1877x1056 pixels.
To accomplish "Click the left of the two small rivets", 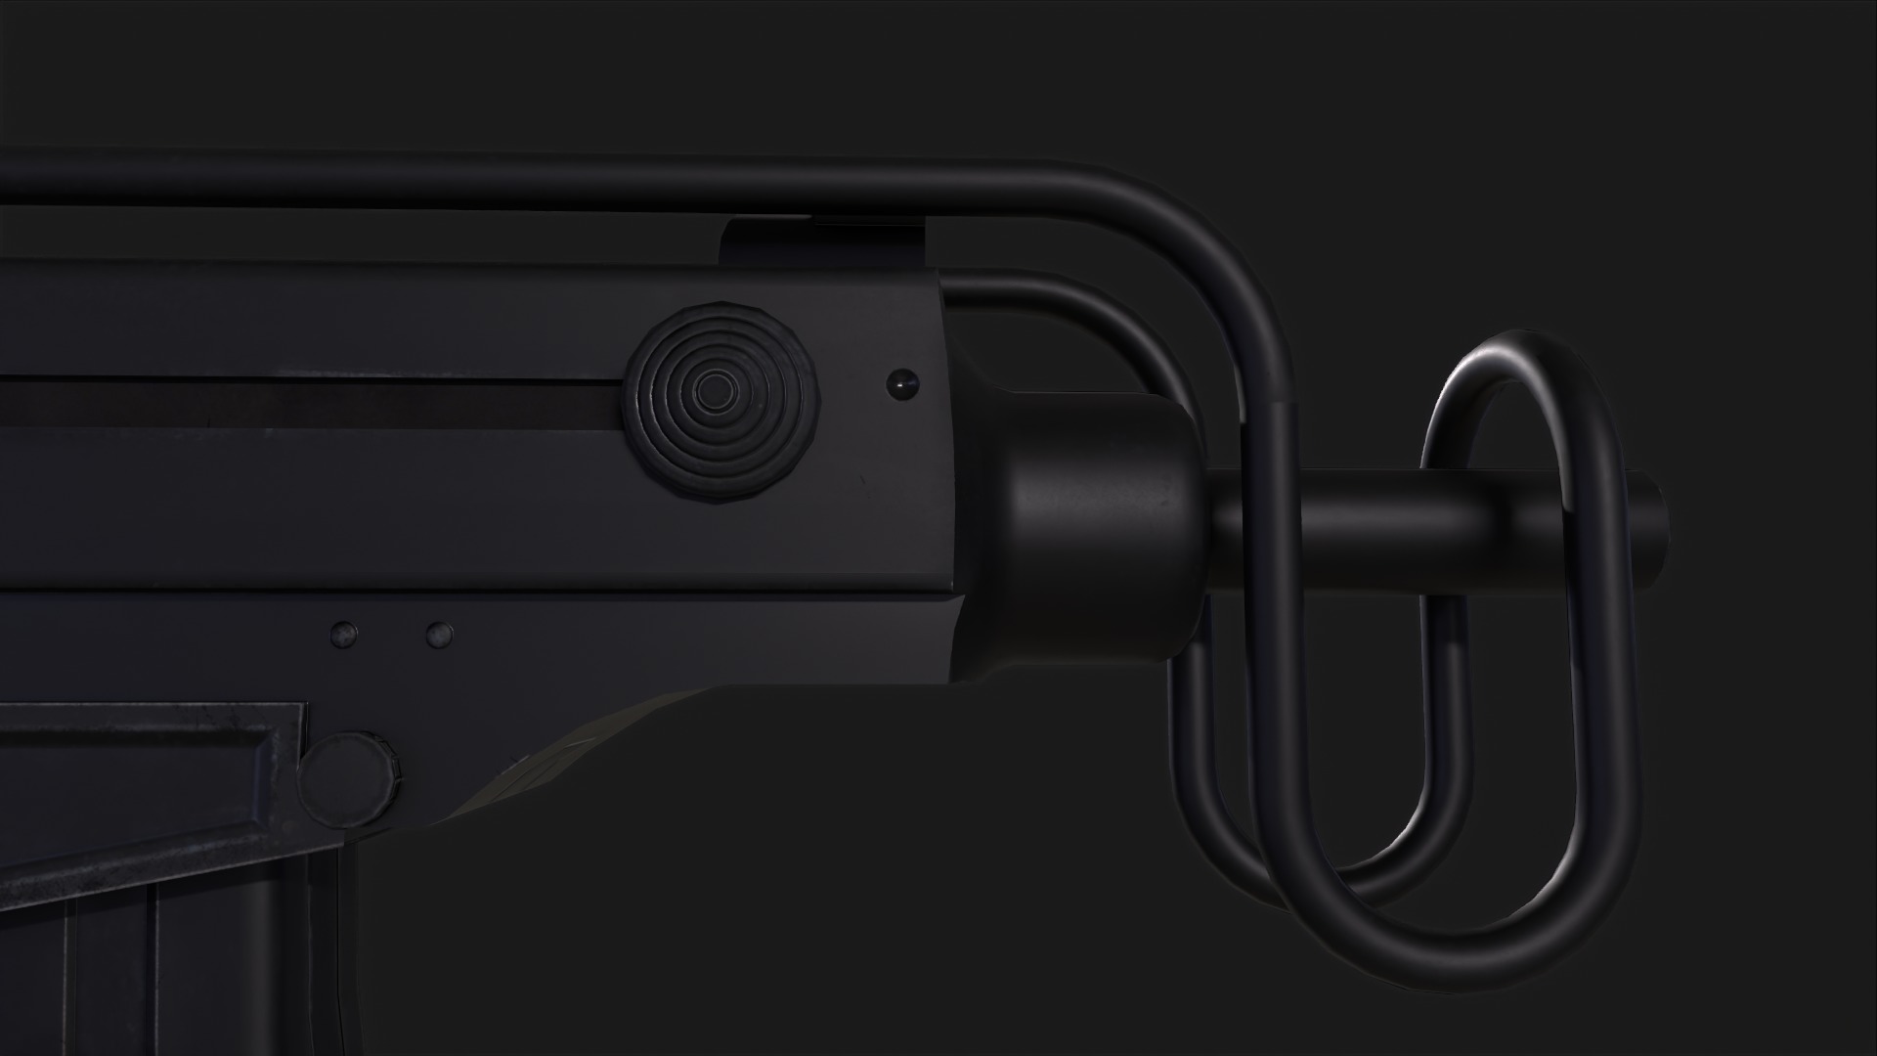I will pos(343,635).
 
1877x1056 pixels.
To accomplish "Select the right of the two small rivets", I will pos(440,635).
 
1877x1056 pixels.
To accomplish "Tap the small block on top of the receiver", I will pos(826,242).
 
